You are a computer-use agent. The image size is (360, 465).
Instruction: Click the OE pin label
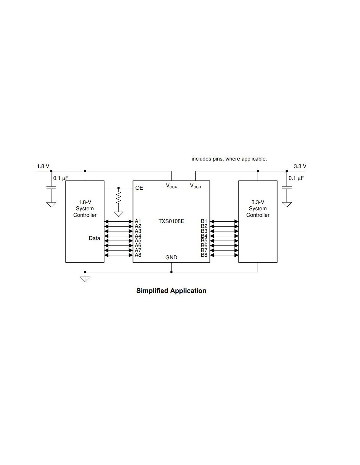[139, 188]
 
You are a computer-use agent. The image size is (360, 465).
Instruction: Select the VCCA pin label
[171, 186]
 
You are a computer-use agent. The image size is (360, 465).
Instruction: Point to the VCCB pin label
[195, 186]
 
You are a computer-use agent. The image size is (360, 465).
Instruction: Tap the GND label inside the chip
[171, 258]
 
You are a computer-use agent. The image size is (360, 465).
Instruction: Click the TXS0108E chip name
[171, 221]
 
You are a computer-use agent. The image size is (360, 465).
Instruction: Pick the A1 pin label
[138, 221]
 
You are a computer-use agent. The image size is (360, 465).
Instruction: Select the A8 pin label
[138, 255]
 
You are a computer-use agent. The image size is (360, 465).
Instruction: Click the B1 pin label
[204, 221]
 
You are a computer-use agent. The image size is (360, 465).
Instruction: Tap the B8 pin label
[204, 255]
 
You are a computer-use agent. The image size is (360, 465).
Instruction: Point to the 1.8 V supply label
[43, 166]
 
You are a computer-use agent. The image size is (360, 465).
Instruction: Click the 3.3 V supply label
[300, 166]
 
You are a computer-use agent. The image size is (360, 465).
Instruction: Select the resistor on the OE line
[118, 198]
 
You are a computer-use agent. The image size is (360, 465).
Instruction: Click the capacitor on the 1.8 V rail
[51, 188]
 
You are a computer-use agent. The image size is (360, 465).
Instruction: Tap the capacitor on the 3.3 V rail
[287, 188]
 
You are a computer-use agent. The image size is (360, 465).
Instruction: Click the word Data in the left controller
[94, 238]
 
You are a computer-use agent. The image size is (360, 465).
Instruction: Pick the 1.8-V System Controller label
[85, 209]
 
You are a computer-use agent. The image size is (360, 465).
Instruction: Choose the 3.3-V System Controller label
[258, 209]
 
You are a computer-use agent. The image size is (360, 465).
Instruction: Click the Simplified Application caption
[171, 291]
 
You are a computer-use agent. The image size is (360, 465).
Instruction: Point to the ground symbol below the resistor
[118, 214]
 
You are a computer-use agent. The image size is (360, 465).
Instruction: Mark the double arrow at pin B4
[224, 236]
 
